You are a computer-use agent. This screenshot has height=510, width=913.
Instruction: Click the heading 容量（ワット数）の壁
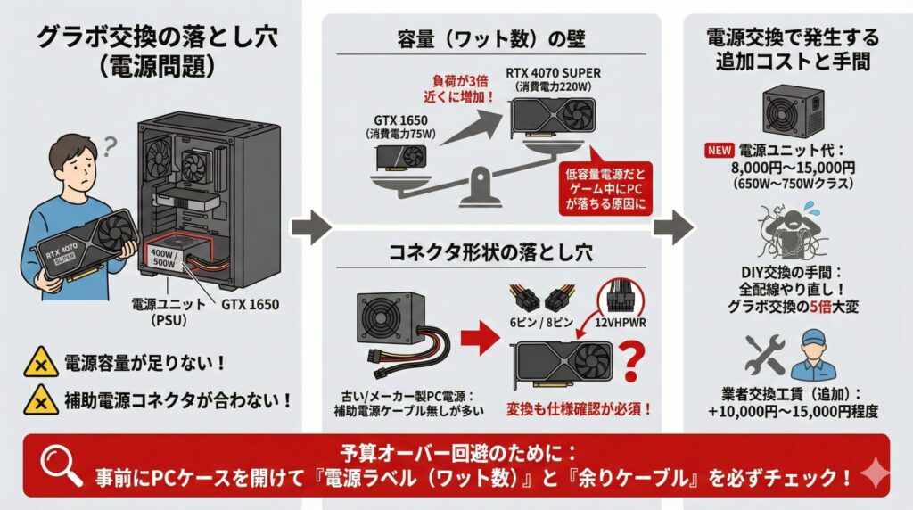click(490, 39)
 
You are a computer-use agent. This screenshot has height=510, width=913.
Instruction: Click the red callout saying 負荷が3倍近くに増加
click(463, 86)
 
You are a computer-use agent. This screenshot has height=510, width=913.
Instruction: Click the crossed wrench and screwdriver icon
click(763, 355)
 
